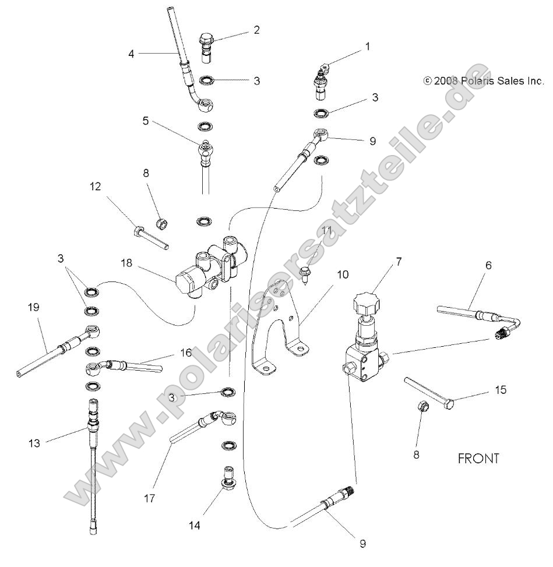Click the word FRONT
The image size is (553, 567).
click(x=478, y=459)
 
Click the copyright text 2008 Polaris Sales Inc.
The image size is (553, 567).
click(x=483, y=81)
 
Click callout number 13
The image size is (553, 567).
click(x=34, y=443)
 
